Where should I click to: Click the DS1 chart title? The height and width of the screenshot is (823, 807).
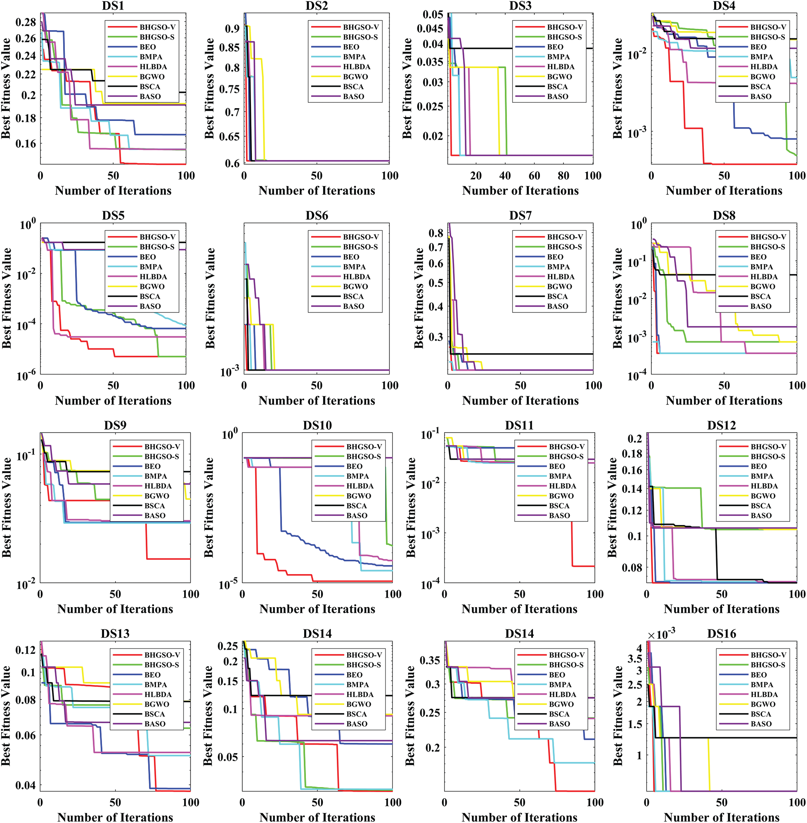tap(113, 5)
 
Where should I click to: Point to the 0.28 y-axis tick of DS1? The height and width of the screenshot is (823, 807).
tap(26, 22)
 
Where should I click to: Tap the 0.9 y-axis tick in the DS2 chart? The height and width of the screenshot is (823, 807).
tap(232, 28)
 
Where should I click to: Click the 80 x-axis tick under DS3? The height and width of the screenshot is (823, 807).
tap(563, 175)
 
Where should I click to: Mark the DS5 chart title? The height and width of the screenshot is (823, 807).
tap(113, 215)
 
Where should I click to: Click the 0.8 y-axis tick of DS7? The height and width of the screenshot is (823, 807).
tap(436, 233)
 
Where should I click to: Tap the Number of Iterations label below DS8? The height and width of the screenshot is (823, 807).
tap(724, 400)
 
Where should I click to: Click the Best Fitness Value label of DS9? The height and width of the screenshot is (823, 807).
tap(6, 507)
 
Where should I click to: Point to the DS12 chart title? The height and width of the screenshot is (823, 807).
tap(722, 425)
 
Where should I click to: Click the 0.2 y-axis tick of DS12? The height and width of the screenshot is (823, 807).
tap(635, 438)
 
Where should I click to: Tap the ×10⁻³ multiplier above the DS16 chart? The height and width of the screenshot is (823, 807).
tap(661, 634)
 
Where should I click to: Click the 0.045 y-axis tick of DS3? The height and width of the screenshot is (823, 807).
tap(430, 28)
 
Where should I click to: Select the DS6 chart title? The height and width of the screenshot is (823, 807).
tap(317, 215)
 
